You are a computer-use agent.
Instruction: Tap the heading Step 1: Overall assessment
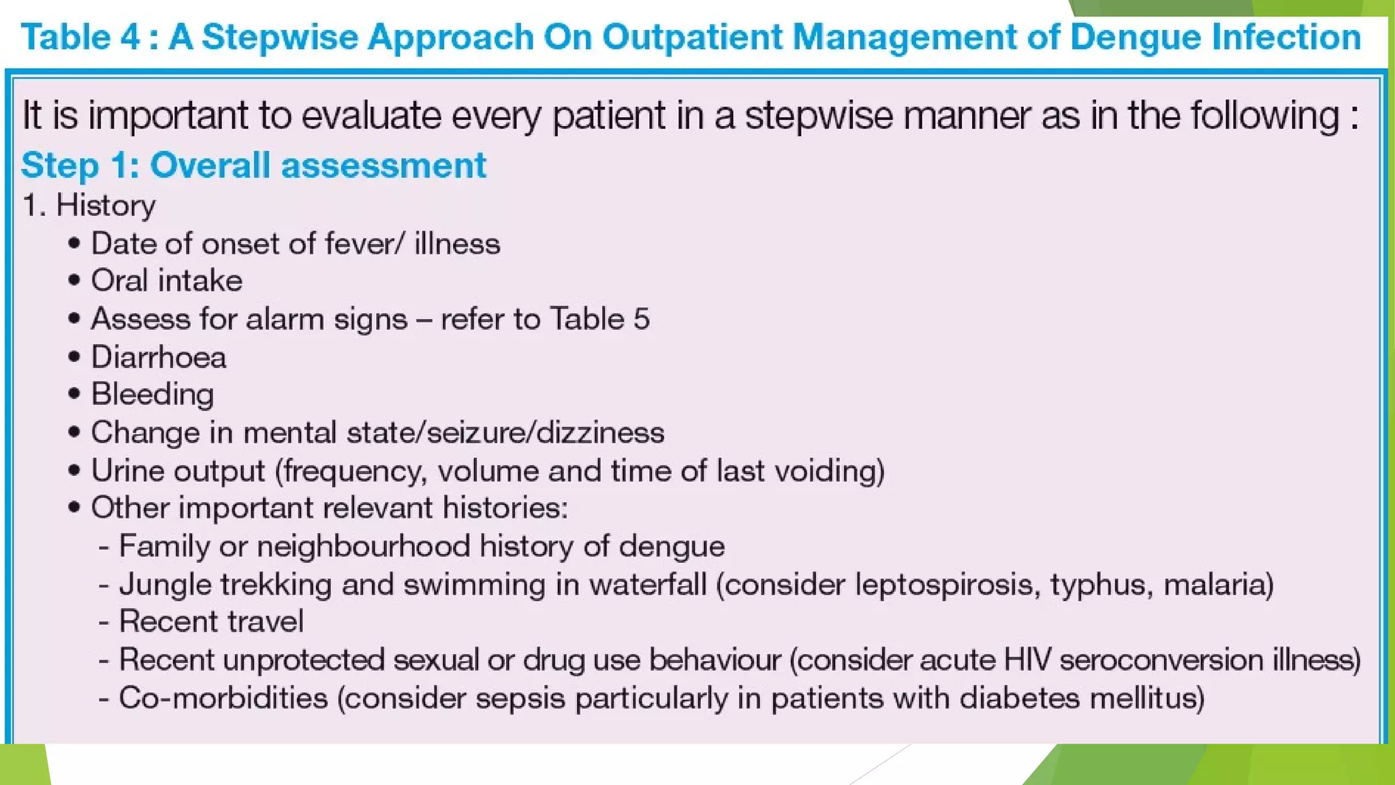tap(253, 166)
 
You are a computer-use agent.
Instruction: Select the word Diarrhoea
tap(158, 357)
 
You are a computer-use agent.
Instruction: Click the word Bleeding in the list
tap(153, 395)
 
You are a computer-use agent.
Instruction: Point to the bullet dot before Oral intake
tap(75, 280)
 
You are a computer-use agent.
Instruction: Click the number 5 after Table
tap(641, 319)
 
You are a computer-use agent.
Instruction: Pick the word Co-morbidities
tap(223, 698)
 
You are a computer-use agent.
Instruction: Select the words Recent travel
tap(211, 621)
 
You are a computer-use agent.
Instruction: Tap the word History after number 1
tap(106, 205)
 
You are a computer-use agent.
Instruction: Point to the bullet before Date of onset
tap(75, 243)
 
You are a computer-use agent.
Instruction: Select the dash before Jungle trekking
tap(104, 585)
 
